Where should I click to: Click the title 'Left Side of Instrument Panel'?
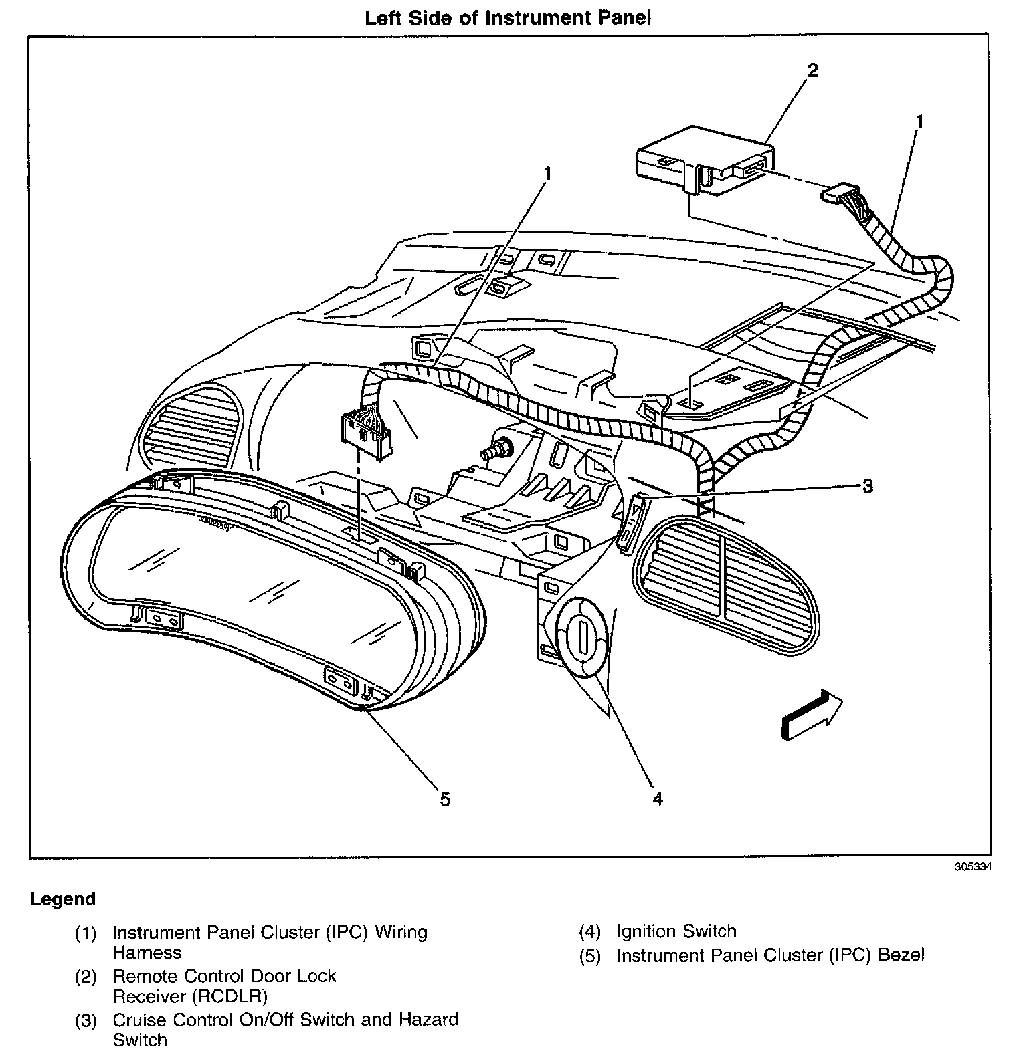click(507, 18)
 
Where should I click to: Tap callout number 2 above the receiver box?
click(812, 70)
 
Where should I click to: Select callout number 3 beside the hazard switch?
click(867, 486)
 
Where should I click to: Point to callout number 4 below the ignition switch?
click(657, 798)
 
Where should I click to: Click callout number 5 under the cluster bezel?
click(445, 798)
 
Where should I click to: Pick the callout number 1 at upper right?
click(919, 121)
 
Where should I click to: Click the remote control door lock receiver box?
click(703, 160)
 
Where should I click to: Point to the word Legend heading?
click(63, 899)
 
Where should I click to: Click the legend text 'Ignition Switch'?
click(676, 931)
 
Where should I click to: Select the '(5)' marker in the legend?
click(589, 955)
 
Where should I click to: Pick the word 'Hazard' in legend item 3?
click(428, 1020)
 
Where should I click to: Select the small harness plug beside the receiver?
click(836, 195)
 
